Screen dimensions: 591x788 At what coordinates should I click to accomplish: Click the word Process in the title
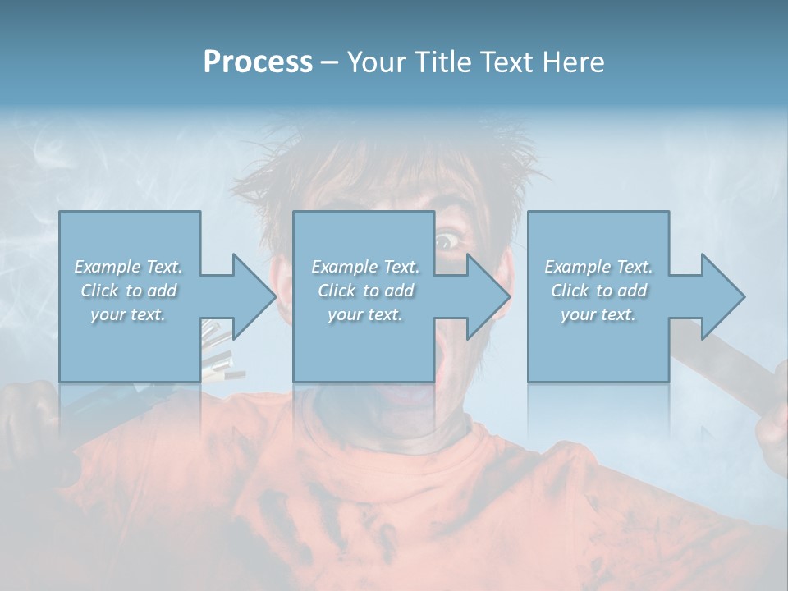(x=258, y=62)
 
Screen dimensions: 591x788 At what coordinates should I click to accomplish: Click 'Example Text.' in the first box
(x=129, y=267)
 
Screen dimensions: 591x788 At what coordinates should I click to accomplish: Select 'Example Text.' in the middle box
(x=365, y=267)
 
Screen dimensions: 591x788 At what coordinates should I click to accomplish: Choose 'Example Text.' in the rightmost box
(x=598, y=267)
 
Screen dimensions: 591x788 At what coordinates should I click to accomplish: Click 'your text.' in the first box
(x=129, y=315)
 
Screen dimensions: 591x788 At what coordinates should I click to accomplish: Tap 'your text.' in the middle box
(x=365, y=315)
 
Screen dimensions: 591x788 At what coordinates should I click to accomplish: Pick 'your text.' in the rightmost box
(x=598, y=315)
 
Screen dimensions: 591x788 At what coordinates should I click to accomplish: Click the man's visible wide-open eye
(x=447, y=241)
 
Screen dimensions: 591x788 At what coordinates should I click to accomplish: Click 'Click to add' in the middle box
(x=365, y=291)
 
